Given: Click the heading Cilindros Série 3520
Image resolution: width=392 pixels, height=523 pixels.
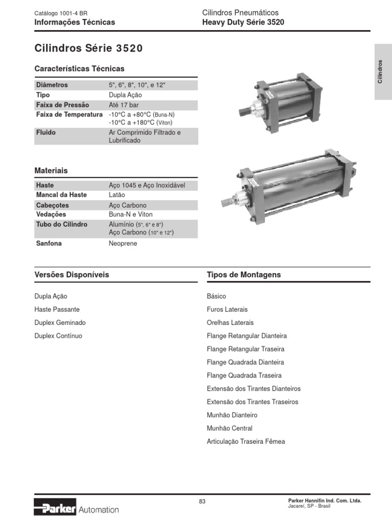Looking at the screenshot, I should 88,49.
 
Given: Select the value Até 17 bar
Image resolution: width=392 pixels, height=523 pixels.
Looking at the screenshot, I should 124,105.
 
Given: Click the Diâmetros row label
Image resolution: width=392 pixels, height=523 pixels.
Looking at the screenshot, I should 52,85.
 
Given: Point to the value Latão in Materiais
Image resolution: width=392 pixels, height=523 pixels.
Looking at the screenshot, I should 117,195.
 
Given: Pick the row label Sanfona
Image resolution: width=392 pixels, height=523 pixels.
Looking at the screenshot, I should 49,244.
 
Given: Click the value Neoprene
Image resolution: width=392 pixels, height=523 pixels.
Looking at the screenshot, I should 123,244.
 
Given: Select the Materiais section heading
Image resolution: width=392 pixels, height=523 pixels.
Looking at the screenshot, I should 51,171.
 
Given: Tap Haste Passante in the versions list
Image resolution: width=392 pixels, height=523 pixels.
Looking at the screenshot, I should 57,310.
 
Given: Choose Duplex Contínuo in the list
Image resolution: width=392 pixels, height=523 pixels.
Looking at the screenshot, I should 58,336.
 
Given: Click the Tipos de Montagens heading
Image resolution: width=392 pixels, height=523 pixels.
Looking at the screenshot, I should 244,275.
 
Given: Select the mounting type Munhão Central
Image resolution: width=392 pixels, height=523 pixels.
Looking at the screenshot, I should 230,429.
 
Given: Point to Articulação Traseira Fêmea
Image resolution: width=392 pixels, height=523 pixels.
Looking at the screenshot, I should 246,442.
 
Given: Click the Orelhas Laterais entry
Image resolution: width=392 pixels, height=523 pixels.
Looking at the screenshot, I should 230,323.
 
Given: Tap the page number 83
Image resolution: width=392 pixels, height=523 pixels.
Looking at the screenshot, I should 202,502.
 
